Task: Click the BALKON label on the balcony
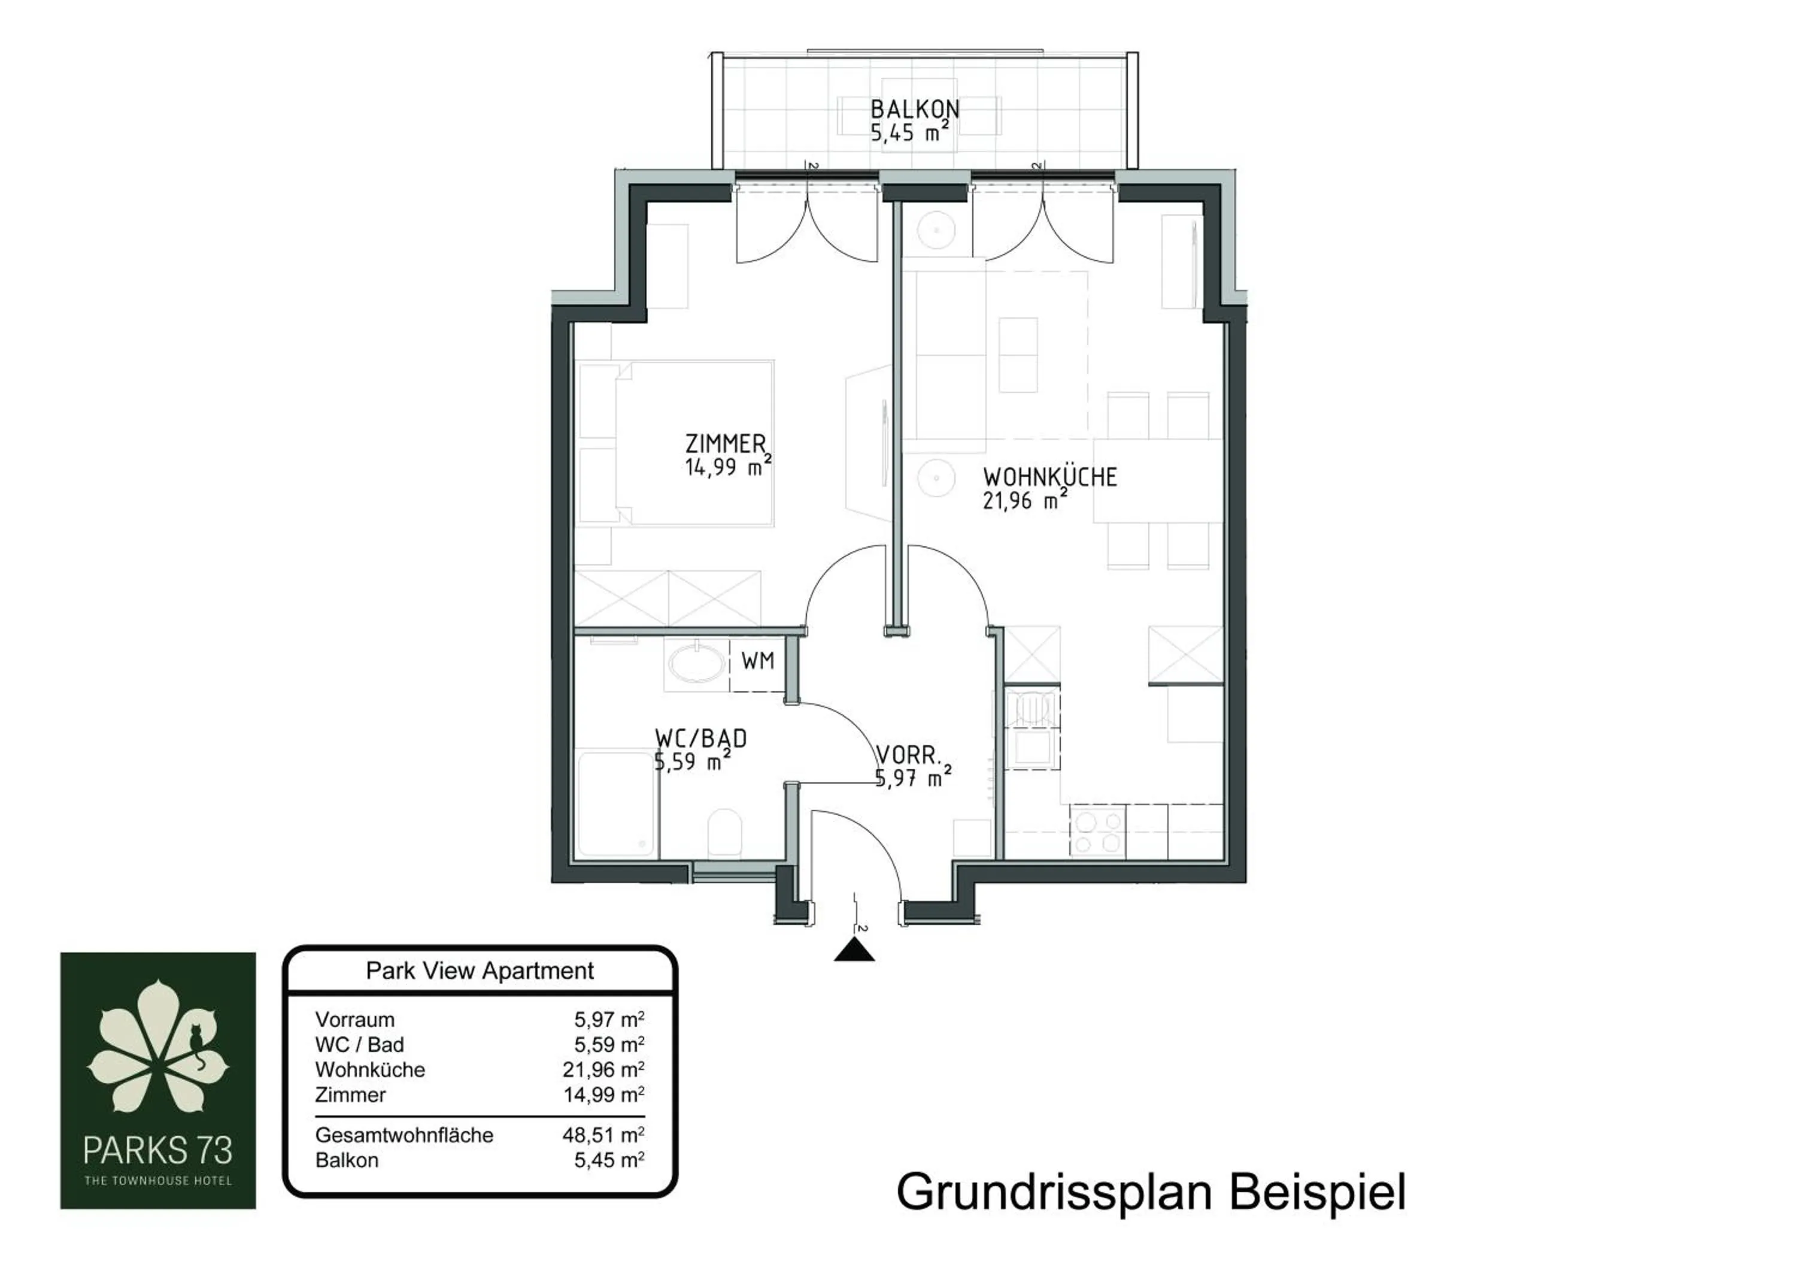click(x=914, y=109)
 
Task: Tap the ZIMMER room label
click(x=725, y=444)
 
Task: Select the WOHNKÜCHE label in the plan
click(x=1049, y=477)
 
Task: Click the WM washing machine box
click(x=757, y=662)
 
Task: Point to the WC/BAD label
click(x=700, y=739)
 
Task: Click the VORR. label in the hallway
click(x=908, y=756)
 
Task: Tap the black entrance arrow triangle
click(x=854, y=951)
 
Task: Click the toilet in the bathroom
click(x=724, y=833)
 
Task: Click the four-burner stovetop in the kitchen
click(x=1097, y=833)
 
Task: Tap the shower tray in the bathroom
click(x=617, y=805)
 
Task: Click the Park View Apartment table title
click(x=480, y=971)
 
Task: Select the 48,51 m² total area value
click(x=603, y=1135)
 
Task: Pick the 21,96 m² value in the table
click(x=603, y=1070)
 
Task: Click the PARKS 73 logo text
click(x=157, y=1150)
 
